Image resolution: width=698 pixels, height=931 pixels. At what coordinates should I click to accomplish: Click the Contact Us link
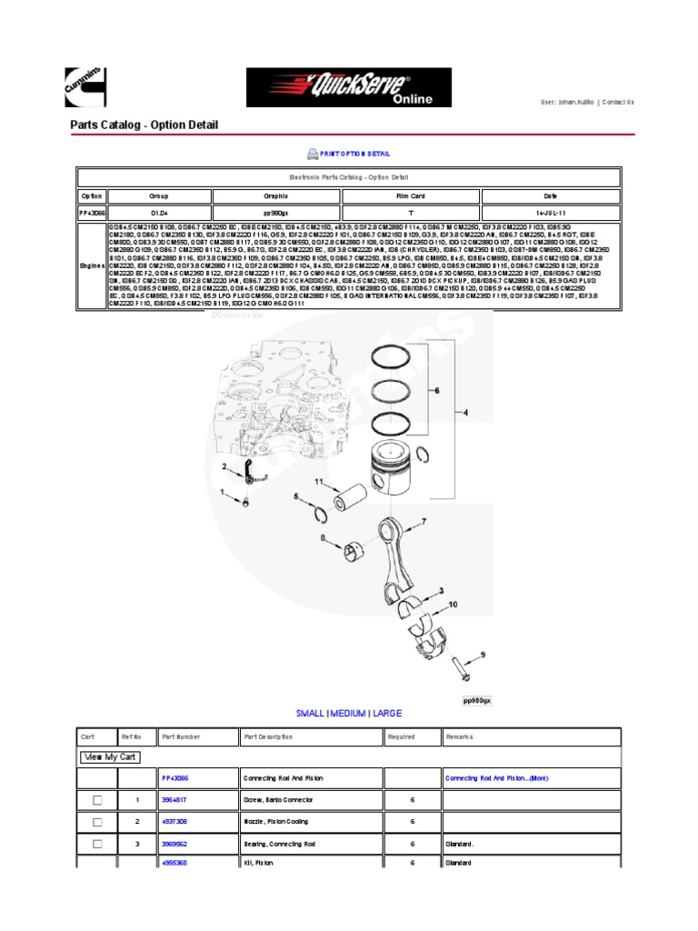618,103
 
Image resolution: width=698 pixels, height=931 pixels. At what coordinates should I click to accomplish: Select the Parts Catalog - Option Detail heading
144,125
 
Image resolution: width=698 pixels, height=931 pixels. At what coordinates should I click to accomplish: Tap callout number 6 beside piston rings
436,391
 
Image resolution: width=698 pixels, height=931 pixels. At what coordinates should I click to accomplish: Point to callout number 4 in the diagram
466,415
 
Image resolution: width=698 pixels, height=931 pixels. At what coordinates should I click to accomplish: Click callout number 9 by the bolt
483,654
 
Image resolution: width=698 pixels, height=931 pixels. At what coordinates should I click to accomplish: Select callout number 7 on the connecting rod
423,522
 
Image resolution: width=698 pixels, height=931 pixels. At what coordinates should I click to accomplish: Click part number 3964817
174,799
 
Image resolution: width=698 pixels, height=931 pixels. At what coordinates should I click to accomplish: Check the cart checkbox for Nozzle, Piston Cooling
97,821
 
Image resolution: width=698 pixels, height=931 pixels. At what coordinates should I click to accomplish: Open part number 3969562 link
174,843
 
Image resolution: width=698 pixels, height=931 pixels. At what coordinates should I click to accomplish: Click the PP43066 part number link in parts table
174,778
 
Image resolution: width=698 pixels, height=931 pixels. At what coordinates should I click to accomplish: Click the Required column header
401,737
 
